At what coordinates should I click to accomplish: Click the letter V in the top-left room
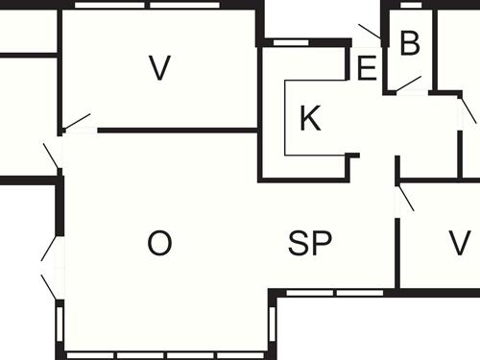[x=159, y=67]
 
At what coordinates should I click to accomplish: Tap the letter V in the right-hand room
[x=459, y=242]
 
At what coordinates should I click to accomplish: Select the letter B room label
[x=410, y=43]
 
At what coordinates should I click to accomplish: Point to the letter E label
[x=366, y=69]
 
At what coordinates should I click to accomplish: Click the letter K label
[x=309, y=119]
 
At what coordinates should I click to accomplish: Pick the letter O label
[x=159, y=244]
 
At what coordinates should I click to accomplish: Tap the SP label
[x=310, y=244]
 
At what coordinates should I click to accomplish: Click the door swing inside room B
[x=408, y=84]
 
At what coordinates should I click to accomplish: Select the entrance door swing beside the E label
[x=369, y=33]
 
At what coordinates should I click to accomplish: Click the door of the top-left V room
[x=76, y=122]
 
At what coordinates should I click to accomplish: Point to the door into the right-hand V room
[x=405, y=197]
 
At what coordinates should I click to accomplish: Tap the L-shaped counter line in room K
[x=288, y=134]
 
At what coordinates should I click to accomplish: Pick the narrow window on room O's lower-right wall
[x=275, y=327]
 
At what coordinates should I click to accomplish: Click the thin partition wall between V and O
[x=178, y=130]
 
